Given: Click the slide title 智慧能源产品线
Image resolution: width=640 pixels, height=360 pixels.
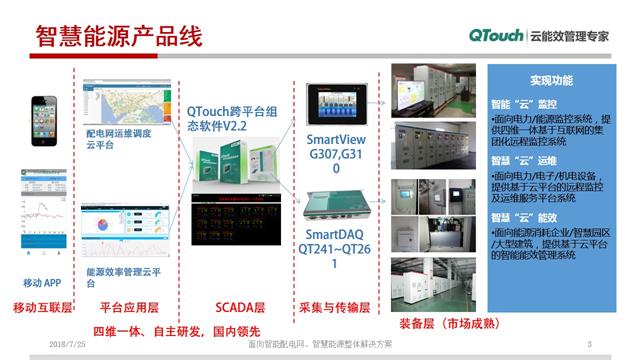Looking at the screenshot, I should (x=119, y=37).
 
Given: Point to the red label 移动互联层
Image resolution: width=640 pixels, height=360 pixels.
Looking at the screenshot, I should (x=40, y=309).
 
